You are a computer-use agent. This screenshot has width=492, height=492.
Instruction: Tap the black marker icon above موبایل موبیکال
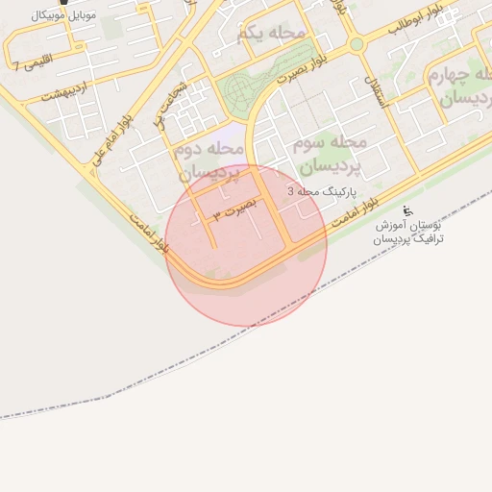click(x=64, y=3)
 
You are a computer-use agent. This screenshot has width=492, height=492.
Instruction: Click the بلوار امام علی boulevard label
click(x=112, y=144)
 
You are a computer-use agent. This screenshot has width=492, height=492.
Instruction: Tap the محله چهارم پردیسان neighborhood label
click(x=459, y=86)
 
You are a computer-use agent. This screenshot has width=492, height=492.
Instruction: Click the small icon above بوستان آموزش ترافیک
click(x=407, y=211)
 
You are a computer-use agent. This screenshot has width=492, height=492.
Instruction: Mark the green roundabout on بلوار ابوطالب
click(x=357, y=44)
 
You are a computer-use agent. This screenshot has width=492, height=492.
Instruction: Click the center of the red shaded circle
click(x=246, y=245)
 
